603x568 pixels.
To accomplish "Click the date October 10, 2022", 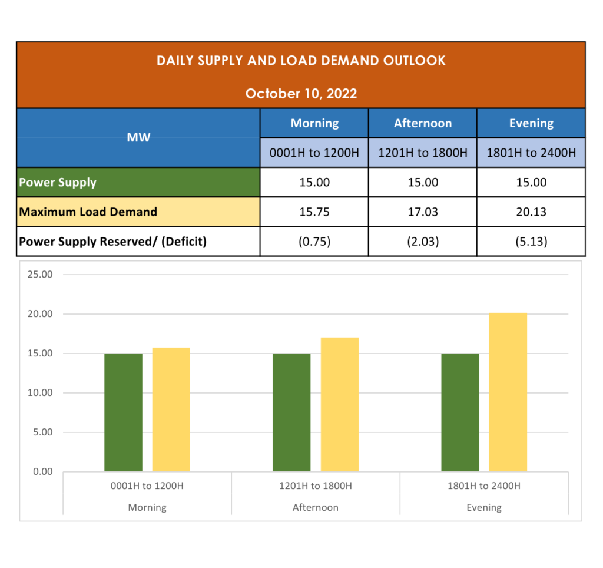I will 301,94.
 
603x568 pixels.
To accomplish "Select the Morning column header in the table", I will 314,123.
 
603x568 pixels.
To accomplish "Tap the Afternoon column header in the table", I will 423,123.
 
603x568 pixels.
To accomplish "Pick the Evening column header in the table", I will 531,123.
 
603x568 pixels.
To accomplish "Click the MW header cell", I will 138,137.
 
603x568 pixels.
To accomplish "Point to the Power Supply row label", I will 58,182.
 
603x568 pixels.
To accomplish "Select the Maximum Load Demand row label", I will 88,212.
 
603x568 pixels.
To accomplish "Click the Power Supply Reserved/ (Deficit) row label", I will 112,241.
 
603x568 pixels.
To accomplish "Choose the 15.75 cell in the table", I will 314,212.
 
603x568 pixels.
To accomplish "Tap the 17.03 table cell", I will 423,212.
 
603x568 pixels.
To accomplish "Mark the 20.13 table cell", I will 531,212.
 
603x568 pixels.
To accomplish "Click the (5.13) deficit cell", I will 531,241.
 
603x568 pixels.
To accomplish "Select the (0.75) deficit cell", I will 314,241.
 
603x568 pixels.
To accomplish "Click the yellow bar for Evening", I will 508,392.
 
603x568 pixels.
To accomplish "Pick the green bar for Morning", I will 123,412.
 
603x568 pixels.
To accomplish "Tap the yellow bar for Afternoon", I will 340,405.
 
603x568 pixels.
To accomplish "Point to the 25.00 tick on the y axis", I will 40,275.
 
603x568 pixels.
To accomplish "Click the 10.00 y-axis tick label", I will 40,393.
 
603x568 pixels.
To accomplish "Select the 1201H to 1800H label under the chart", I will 316,486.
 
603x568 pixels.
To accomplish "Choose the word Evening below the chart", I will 484,507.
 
